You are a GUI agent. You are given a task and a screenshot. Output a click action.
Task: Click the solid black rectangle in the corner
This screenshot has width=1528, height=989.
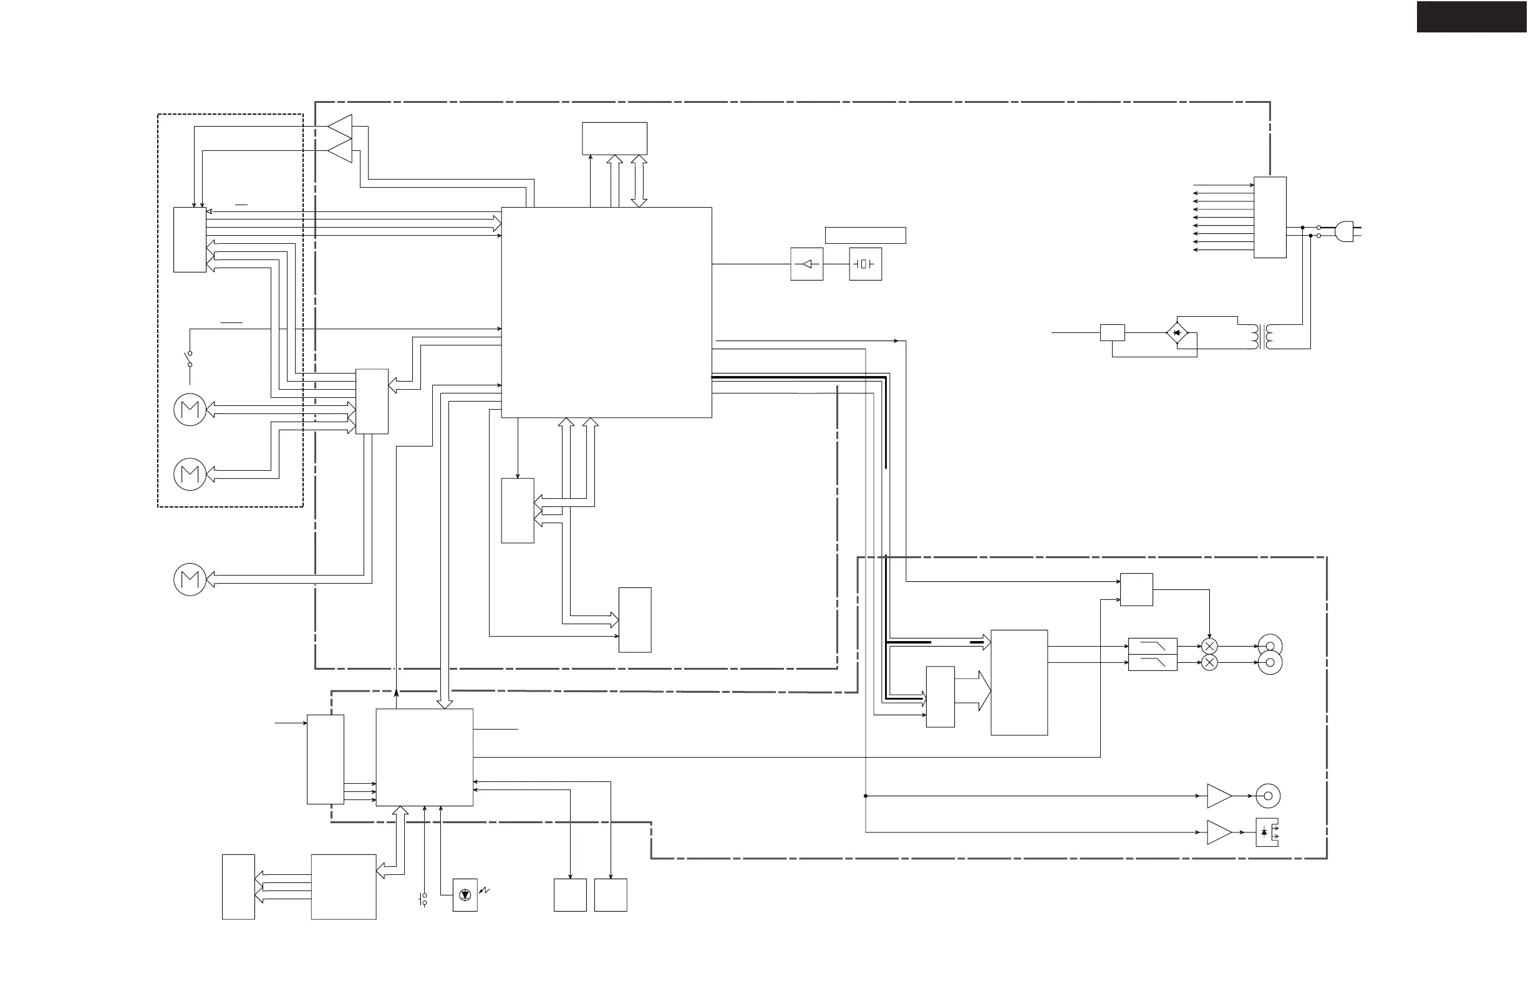click(x=1471, y=17)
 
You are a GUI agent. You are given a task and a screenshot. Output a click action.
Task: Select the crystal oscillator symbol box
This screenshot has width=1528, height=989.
click(x=865, y=264)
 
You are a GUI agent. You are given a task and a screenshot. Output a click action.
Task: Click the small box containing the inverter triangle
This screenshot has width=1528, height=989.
click(x=806, y=264)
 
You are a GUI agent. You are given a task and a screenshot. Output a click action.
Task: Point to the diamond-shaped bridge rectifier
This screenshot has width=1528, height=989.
click(x=1176, y=333)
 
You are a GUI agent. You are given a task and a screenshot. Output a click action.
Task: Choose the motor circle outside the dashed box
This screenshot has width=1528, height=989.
click(x=190, y=579)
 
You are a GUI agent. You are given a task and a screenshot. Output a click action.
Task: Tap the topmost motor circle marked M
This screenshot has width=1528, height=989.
click(x=190, y=410)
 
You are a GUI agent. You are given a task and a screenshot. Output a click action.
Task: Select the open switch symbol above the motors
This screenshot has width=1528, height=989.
click(x=190, y=359)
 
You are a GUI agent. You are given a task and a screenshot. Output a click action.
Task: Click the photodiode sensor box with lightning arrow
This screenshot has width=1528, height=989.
click(x=465, y=895)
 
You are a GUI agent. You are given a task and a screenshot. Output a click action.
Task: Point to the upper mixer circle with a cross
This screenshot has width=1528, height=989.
click(x=1209, y=646)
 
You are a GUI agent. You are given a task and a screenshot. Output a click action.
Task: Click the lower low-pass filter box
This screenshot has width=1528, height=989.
click(x=1152, y=662)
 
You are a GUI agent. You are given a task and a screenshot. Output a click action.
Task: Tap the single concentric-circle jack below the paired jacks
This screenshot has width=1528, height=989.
click(x=1267, y=796)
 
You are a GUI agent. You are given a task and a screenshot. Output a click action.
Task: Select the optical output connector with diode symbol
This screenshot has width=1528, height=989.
click(x=1267, y=832)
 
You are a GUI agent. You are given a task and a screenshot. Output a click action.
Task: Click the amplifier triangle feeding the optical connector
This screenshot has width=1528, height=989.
click(x=1218, y=832)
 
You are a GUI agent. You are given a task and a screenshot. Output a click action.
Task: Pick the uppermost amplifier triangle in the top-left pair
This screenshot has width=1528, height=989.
click(x=342, y=127)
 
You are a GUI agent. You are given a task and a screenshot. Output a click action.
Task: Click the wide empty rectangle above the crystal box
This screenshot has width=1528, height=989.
click(x=865, y=235)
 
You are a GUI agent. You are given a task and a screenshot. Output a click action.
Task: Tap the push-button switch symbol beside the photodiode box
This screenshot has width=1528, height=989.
click(x=423, y=900)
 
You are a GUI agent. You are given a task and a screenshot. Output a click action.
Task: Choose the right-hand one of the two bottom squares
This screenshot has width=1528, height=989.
click(x=610, y=895)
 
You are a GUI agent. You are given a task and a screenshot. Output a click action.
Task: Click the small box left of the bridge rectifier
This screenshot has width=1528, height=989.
click(x=1112, y=332)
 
